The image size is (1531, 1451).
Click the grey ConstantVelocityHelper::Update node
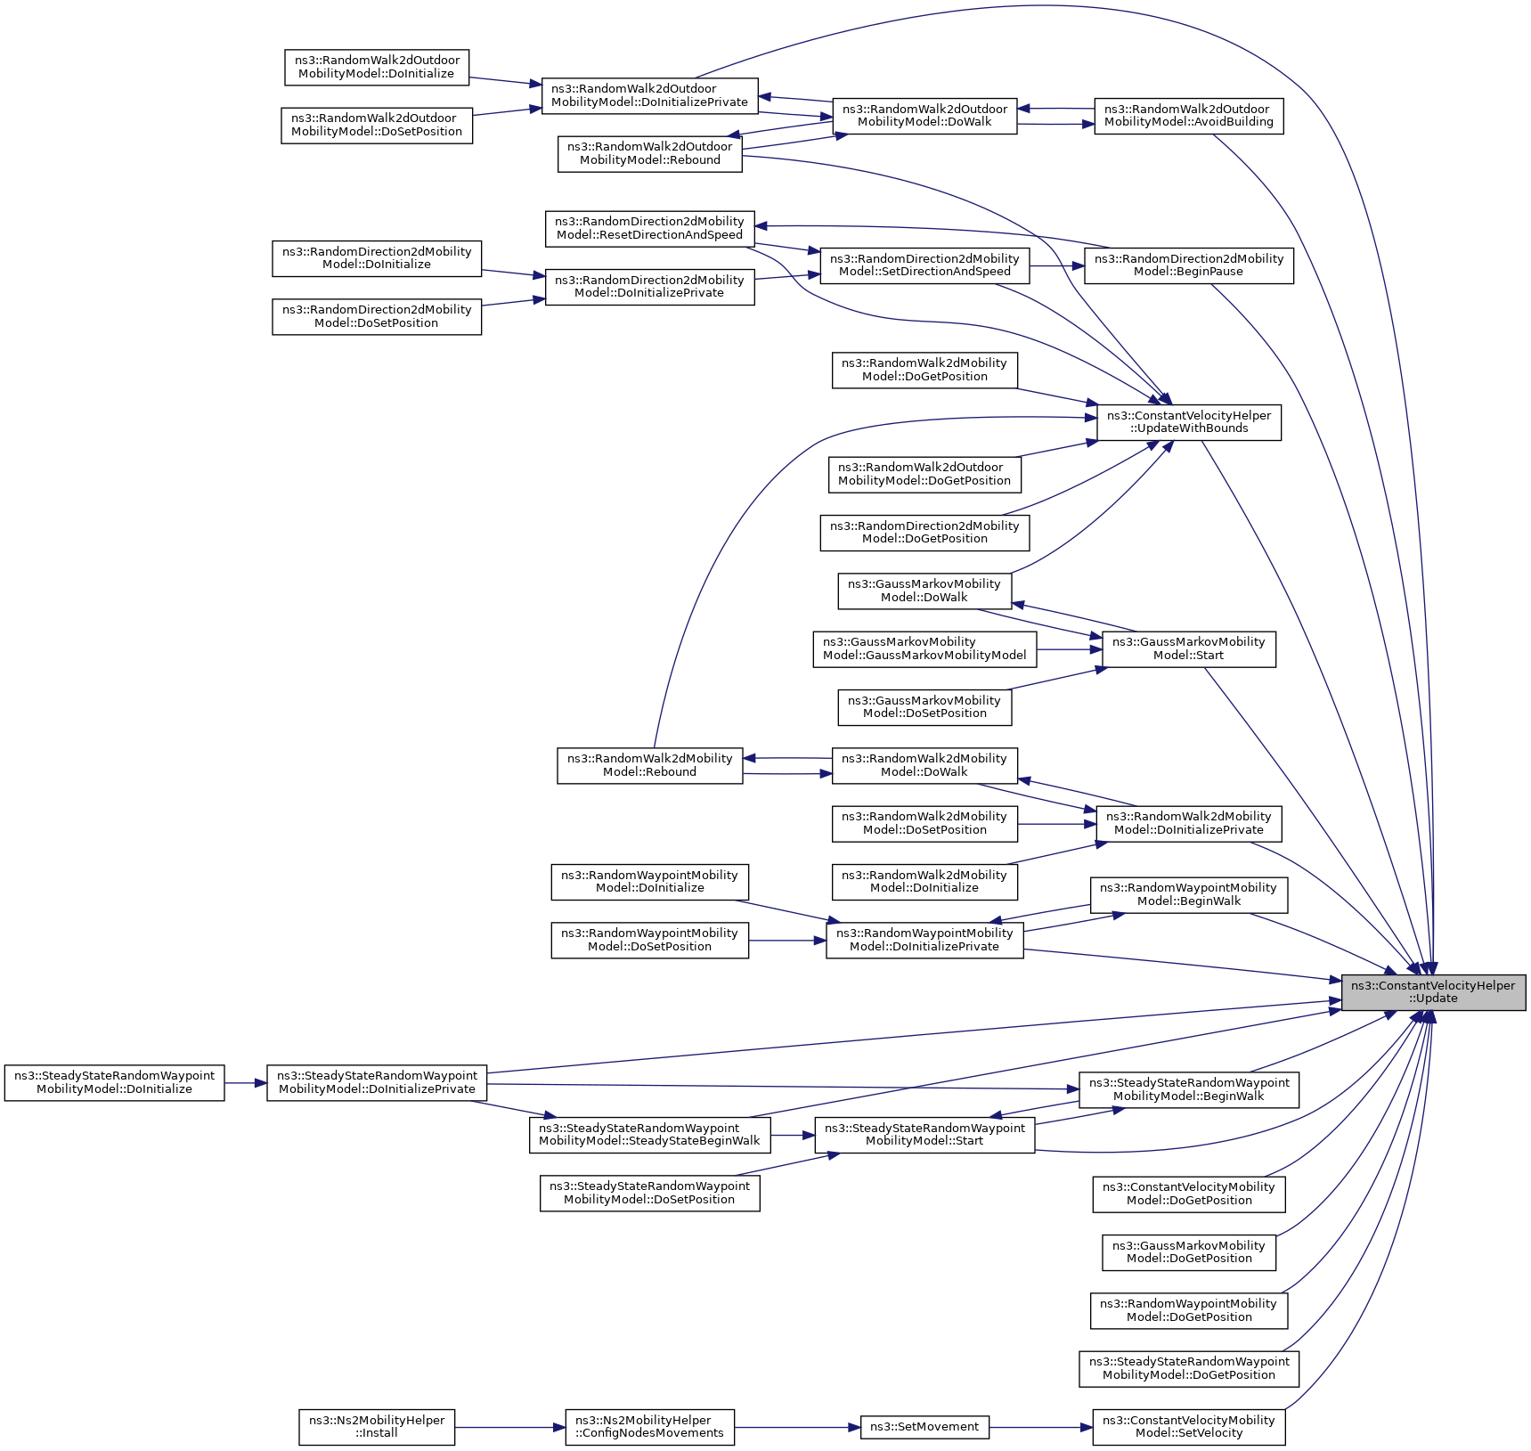(x=1433, y=992)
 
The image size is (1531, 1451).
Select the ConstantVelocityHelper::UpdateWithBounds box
(x=1188, y=422)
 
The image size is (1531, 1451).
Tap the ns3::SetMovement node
(x=924, y=1427)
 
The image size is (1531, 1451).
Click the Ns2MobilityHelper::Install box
(x=376, y=1427)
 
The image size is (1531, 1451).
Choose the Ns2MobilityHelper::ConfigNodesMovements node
(x=649, y=1427)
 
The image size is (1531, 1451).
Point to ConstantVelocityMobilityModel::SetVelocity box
(x=1188, y=1427)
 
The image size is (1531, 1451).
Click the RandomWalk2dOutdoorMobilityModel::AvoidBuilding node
(x=1188, y=116)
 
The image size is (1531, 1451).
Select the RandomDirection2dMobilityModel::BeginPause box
(x=1188, y=265)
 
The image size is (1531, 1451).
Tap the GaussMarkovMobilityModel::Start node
(x=1188, y=648)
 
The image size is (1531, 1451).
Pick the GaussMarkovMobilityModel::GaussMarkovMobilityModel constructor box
(x=924, y=648)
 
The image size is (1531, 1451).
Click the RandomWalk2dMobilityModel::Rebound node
(x=649, y=765)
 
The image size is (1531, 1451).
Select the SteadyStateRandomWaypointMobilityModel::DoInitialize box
(x=114, y=1082)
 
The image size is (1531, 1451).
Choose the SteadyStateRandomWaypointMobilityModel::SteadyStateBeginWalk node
(x=649, y=1135)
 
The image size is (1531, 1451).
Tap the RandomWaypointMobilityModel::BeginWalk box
(x=1188, y=894)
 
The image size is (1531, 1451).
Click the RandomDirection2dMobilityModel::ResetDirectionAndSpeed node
(x=649, y=228)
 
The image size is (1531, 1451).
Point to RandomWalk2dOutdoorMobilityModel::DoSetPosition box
(x=376, y=125)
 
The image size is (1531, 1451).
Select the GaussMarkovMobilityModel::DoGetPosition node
(x=1188, y=1252)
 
